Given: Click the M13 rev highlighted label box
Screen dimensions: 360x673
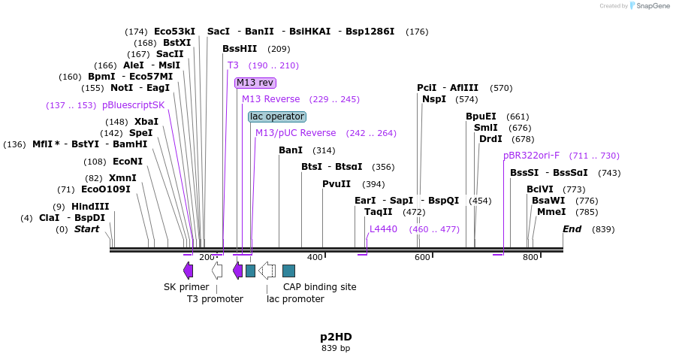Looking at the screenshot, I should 255,83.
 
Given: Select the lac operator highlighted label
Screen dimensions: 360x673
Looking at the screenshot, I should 277,116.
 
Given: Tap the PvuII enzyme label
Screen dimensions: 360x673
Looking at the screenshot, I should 336,184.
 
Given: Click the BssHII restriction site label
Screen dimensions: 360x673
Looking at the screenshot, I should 240,49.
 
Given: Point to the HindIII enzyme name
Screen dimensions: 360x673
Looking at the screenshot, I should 90,207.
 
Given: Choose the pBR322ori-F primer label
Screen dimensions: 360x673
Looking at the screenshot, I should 531,156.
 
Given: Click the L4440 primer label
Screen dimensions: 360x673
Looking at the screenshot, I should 383,229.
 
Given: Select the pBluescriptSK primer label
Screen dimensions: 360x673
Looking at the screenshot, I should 133,105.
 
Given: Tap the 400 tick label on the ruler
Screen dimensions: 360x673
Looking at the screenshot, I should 315,258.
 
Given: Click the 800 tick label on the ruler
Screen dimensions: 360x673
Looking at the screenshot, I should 530,258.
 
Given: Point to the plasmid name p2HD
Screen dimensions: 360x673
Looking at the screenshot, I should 336,337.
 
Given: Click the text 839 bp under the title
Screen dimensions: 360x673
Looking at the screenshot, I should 336,349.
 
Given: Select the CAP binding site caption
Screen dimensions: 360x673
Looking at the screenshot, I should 319,287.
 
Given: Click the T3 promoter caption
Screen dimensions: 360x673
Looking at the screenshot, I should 215,299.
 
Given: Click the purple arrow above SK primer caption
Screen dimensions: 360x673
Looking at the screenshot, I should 188,271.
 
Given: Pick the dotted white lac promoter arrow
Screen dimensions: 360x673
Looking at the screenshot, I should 267,271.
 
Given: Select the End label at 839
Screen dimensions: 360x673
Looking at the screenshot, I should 572,229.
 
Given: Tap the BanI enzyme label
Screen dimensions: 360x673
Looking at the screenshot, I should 291,150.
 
